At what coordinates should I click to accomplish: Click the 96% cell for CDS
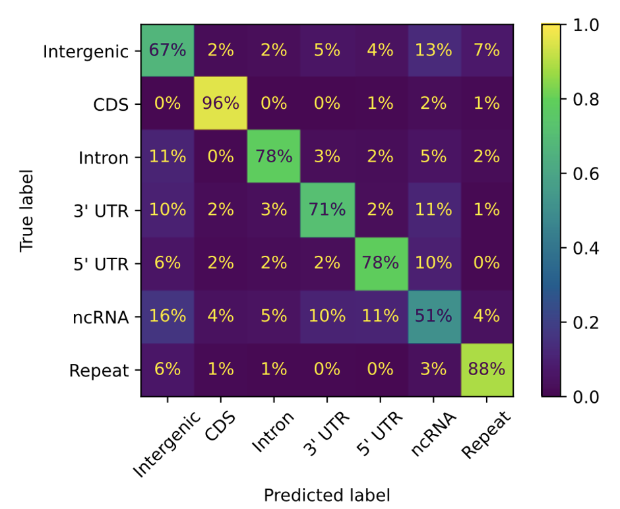click(x=220, y=104)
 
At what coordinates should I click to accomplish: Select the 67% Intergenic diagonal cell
click(x=168, y=51)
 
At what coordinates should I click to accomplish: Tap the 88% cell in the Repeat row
click(x=487, y=370)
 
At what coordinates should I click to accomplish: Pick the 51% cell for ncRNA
click(x=434, y=316)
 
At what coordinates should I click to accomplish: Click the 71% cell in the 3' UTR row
click(x=327, y=210)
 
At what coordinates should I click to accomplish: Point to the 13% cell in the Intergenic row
click(x=434, y=51)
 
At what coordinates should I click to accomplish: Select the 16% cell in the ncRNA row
click(x=168, y=316)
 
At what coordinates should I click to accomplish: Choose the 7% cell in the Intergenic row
click(x=487, y=51)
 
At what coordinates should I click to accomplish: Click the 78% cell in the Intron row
click(x=274, y=157)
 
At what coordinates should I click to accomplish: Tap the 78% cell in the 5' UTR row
click(x=381, y=263)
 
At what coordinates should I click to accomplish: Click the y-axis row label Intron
click(x=104, y=158)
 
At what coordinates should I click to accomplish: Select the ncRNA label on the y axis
click(x=101, y=317)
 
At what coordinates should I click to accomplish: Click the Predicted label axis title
click(x=327, y=494)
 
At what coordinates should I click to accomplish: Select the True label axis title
click(x=26, y=211)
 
